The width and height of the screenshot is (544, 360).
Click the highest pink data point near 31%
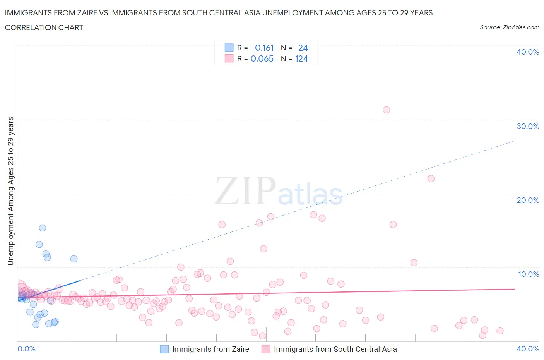click(386, 110)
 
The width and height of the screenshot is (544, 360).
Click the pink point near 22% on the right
click(431, 178)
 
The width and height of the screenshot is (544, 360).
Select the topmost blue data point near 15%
click(43, 228)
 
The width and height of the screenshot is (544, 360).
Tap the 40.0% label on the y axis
click(528, 52)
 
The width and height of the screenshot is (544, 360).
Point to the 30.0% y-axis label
click(528, 126)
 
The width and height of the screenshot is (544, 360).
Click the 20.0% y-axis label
click(528, 200)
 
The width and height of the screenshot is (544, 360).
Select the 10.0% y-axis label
click(528, 274)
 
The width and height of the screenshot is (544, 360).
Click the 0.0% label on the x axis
click(26, 349)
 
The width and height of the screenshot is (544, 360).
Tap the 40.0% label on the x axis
click(528, 349)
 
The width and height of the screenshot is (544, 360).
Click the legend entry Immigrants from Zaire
click(210, 349)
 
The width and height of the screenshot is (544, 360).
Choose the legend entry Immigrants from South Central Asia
click(335, 349)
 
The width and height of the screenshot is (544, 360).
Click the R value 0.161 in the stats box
click(264, 48)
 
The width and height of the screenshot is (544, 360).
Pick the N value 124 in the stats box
click(301, 59)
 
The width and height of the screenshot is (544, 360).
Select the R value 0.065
click(262, 59)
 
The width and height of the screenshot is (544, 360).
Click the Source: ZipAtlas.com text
click(509, 27)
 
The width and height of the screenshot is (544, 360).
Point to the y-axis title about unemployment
click(10, 191)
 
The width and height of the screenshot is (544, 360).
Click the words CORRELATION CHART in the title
click(44, 27)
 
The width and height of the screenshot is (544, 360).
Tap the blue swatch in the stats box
click(229, 48)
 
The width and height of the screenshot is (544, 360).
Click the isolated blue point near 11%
click(74, 259)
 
